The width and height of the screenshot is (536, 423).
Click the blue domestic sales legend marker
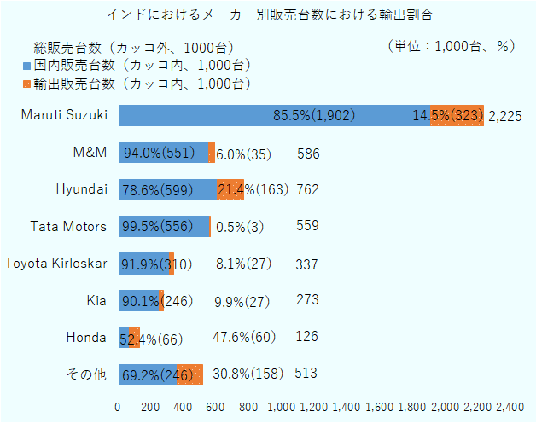point(27,65)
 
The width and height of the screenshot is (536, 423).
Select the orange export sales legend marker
point(27,83)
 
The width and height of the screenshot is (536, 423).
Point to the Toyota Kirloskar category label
point(56,264)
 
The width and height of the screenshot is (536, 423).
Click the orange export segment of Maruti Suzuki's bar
point(457,115)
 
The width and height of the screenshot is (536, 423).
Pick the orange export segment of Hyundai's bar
point(230,189)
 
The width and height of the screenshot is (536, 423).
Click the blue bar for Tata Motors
point(164,226)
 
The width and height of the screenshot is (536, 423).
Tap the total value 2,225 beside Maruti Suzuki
point(505,116)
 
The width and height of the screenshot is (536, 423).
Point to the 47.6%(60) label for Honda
point(244,337)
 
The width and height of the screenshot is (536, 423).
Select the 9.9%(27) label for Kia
point(242,301)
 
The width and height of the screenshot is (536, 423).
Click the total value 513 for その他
point(306,373)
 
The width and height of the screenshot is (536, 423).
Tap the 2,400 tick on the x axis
point(510,407)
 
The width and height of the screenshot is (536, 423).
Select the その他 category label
point(90,374)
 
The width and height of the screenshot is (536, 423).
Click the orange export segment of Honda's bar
point(135,337)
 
